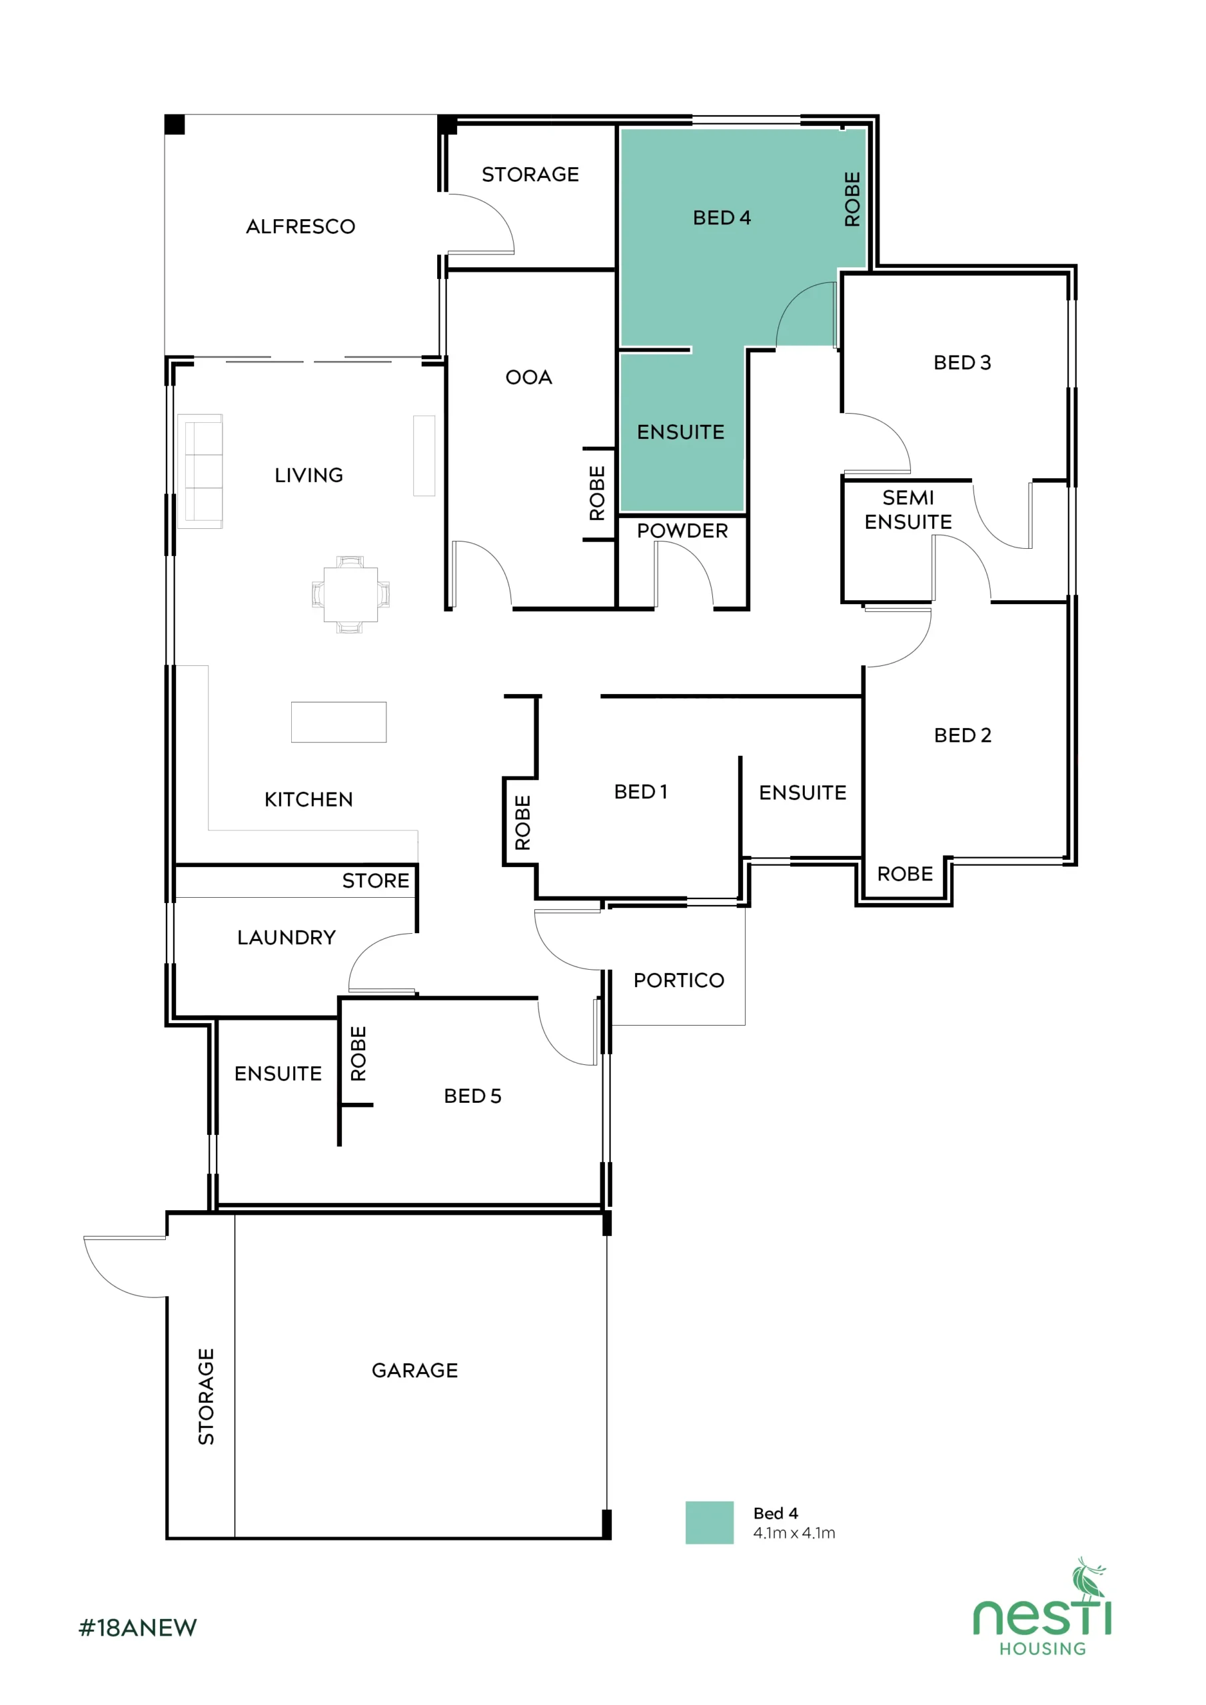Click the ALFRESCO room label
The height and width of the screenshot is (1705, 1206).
coord(301,226)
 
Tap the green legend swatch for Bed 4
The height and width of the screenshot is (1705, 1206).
coord(709,1523)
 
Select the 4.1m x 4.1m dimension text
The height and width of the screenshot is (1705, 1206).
coord(794,1533)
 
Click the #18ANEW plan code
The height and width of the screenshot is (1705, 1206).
coord(137,1628)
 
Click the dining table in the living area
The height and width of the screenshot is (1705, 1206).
coord(350,594)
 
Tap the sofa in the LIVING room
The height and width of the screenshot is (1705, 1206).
coord(200,471)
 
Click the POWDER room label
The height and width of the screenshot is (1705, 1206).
coord(682,531)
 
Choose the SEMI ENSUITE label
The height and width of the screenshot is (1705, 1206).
coord(907,510)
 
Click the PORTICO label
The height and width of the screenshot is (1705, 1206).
coord(678,980)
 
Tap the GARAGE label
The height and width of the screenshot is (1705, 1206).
coord(414,1370)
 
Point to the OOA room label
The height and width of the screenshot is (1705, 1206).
coord(528,377)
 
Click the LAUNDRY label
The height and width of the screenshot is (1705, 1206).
coord(286,937)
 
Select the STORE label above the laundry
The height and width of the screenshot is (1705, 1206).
coord(375,880)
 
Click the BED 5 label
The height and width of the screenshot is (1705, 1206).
coord(472,1096)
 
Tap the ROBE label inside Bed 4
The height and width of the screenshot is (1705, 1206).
coord(852,199)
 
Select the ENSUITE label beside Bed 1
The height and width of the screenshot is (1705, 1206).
coord(802,793)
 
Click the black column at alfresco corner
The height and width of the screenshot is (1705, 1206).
coord(175,125)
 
